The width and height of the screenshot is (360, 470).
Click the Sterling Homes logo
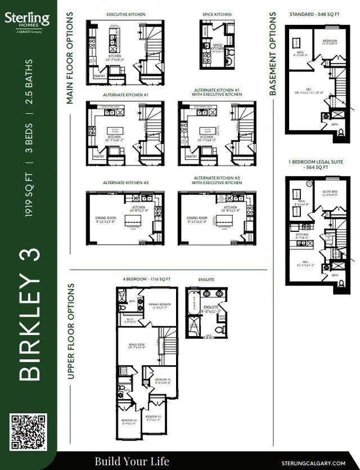[x=27, y=23]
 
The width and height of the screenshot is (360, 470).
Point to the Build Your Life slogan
[x=132, y=462]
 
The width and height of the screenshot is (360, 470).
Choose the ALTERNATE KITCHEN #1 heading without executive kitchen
[x=125, y=95]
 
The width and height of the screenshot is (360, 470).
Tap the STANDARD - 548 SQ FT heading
[x=314, y=14]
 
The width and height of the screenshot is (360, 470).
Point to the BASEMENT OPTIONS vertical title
[x=273, y=54]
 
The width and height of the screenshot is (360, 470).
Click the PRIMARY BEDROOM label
[x=160, y=305]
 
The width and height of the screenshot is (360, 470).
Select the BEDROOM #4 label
[x=128, y=420]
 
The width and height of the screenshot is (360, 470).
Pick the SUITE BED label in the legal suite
[x=330, y=192]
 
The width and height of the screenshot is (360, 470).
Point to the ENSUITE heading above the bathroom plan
[x=206, y=279]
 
